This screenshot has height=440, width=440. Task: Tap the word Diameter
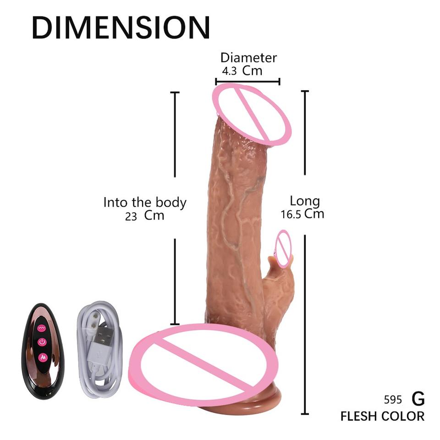[x=248, y=58]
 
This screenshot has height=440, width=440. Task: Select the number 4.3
[x=230, y=71]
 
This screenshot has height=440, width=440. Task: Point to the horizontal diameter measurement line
[x=247, y=82]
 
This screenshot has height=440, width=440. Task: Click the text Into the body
[x=144, y=202]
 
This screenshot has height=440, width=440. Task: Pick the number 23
[x=131, y=216]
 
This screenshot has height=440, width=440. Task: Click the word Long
[x=304, y=201]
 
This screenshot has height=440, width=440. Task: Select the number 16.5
[x=291, y=214]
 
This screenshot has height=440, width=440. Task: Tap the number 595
[x=393, y=400]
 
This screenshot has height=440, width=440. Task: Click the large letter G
[x=418, y=399]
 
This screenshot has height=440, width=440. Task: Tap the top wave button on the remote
[x=42, y=328]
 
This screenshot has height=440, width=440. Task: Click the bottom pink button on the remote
[x=42, y=356]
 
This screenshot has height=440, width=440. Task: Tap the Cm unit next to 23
[x=154, y=215]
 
